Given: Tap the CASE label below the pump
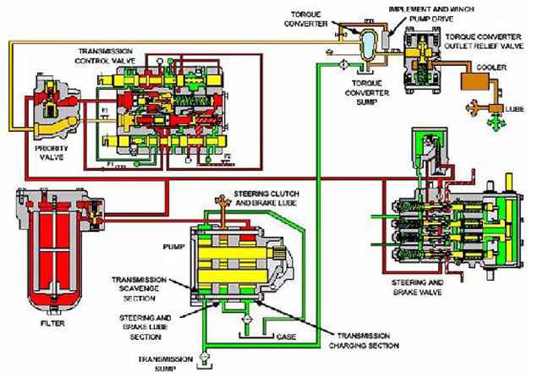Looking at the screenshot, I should (287, 336).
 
